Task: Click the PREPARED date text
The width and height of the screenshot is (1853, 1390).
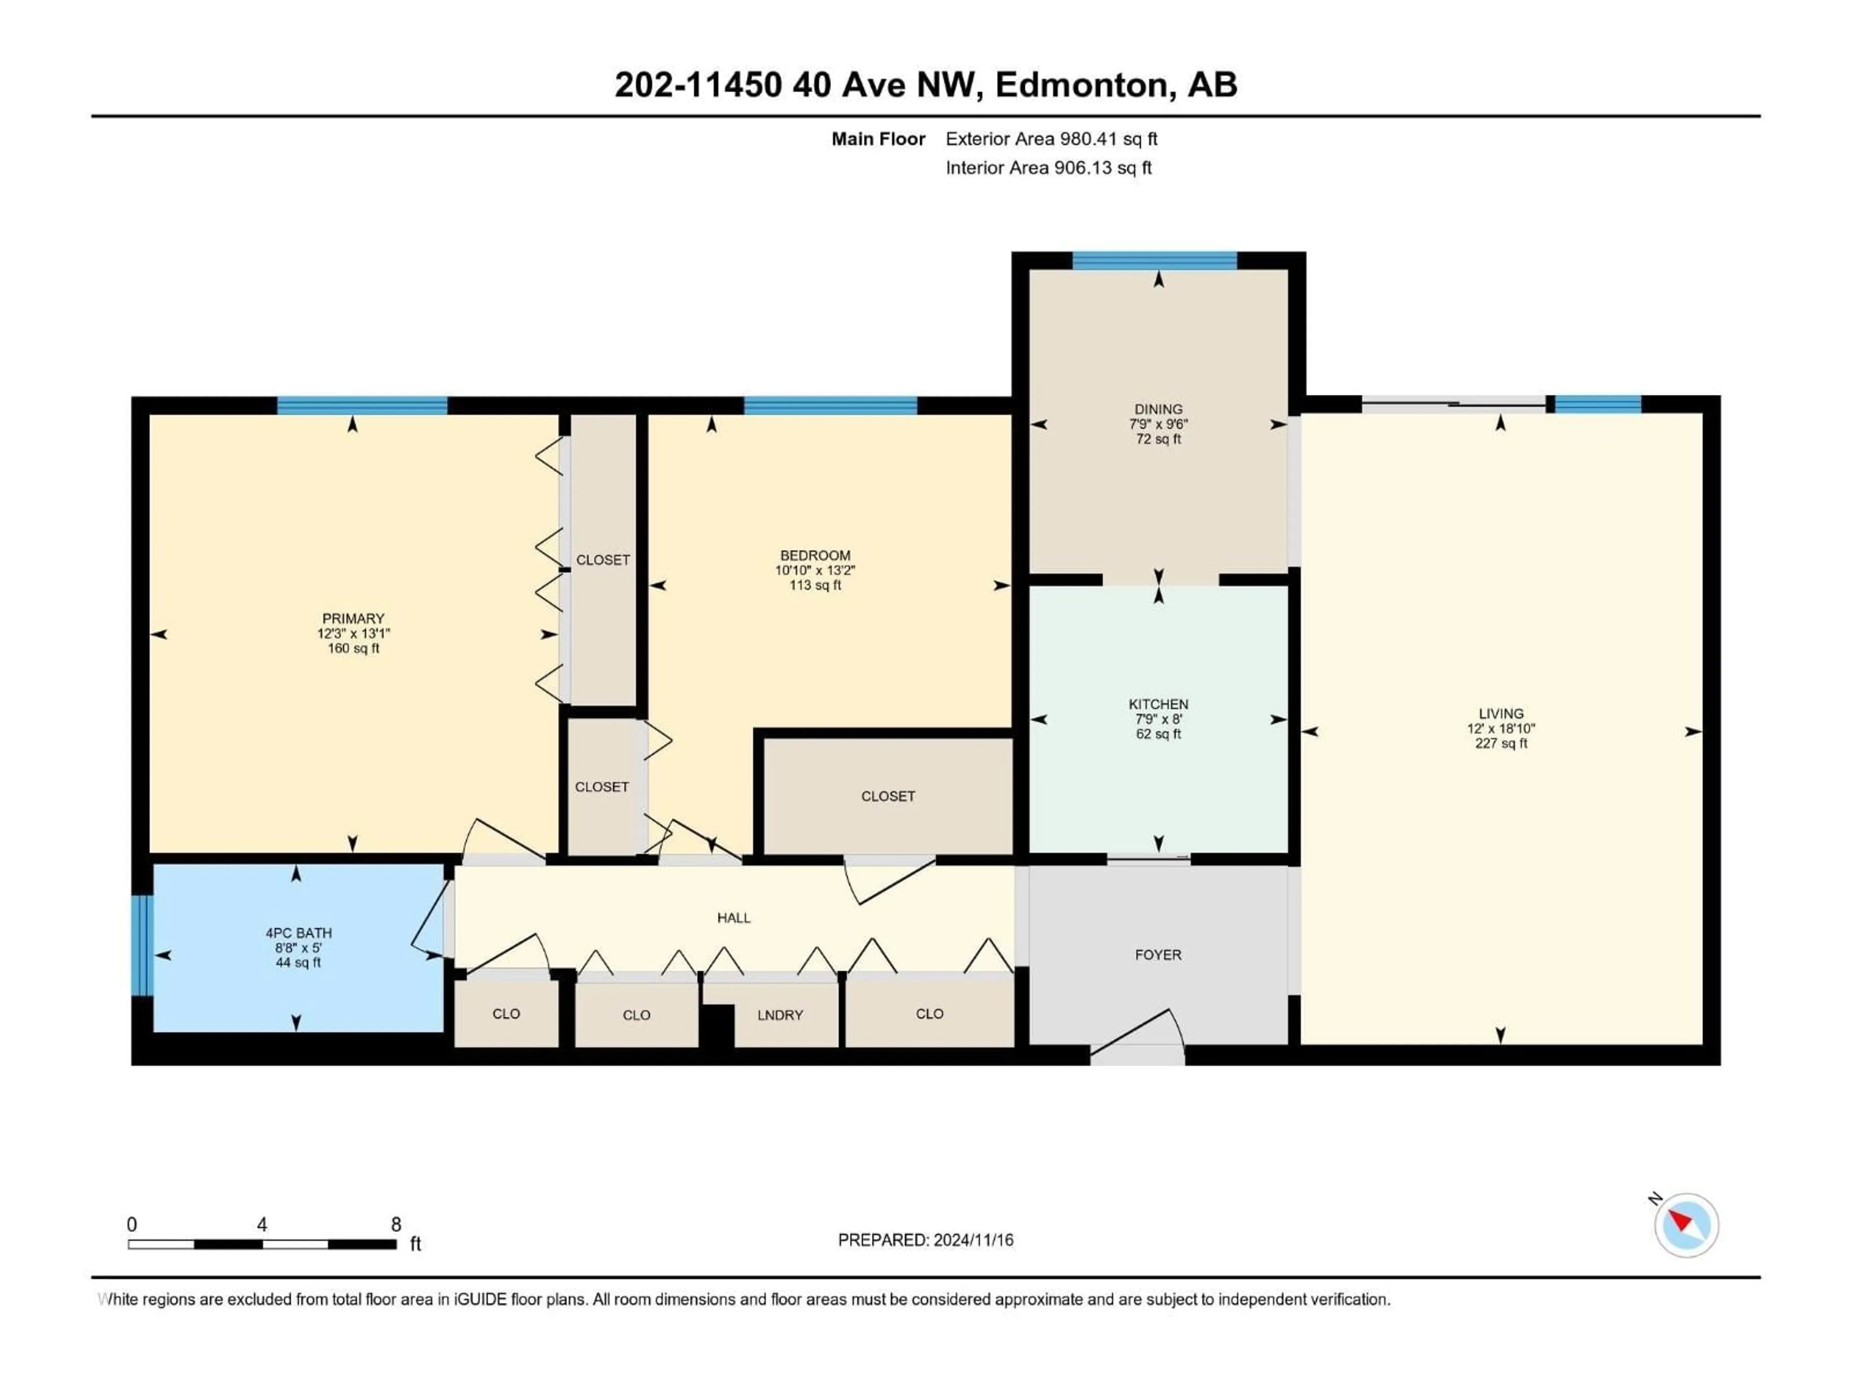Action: click(925, 1240)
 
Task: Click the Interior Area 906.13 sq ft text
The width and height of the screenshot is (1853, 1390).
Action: click(1048, 167)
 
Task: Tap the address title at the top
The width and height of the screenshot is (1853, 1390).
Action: click(925, 84)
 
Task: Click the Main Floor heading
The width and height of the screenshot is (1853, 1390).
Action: click(878, 139)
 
